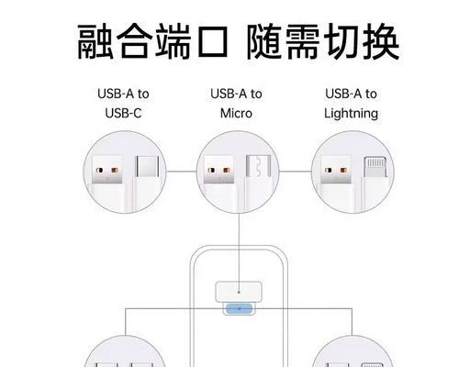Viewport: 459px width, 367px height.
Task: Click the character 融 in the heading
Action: [x=95, y=41]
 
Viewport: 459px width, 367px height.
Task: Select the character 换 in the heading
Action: [x=381, y=41]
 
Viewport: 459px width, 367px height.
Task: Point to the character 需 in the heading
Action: [x=303, y=41]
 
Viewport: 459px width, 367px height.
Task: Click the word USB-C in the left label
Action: [x=123, y=114]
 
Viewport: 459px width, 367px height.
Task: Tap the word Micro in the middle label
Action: [x=236, y=114]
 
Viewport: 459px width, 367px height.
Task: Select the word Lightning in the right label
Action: [x=351, y=114]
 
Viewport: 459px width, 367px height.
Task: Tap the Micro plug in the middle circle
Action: [x=259, y=183]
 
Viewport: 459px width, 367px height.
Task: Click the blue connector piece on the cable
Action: [x=239, y=309]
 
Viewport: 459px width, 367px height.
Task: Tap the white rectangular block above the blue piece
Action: [x=239, y=292]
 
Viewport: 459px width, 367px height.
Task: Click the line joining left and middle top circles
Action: [x=181, y=172]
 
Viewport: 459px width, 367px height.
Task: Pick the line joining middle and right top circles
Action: [x=295, y=172]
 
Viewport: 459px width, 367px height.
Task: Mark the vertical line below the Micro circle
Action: [x=239, y=252]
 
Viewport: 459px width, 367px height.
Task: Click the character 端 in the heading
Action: [x=174, y=41]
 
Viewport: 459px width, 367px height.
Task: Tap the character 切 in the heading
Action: [x=341, y=41]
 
